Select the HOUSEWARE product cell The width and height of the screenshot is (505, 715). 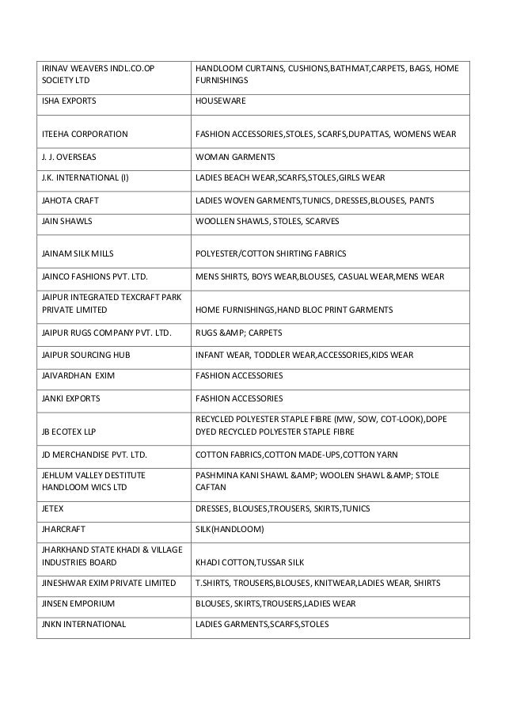(x=221, y=101)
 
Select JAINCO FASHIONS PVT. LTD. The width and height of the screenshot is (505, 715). (x=94, y=276)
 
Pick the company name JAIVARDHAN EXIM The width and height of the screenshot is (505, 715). (x=78, y=375)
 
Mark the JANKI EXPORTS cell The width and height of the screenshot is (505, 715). (x=70, y=397)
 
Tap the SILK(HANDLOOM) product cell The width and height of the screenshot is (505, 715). (x=230, y=528)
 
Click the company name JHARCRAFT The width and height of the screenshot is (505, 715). (x=64, y=528)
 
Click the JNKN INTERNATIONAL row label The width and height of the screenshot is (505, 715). (x=84, y=624)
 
